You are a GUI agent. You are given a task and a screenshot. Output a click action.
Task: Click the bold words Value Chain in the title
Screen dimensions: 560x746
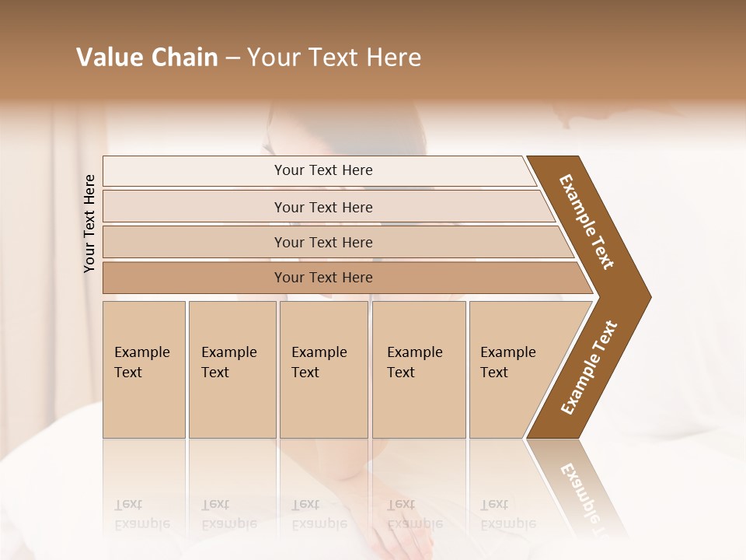[147, 58]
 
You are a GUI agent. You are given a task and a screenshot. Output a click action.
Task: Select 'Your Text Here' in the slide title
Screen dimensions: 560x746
[334, 58]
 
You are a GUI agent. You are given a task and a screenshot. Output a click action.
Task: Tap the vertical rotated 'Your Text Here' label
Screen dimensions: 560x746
[89, 223]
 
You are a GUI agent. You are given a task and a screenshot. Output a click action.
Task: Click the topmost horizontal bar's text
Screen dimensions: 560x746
[323, 170]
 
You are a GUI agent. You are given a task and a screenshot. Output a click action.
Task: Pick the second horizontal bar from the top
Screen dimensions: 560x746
[323, 207]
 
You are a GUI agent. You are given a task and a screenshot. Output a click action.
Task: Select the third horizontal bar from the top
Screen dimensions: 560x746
[323, 243]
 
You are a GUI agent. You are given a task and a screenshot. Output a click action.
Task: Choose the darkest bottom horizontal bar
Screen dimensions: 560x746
[323, 278]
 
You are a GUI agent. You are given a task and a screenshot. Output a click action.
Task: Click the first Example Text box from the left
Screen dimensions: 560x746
[143, 369]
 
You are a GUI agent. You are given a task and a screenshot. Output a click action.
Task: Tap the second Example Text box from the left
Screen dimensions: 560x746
[232, 369]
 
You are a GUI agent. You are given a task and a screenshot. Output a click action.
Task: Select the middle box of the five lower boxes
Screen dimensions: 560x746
[322, 369]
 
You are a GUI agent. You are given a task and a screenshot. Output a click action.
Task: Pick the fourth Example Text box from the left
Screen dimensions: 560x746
[418, 369]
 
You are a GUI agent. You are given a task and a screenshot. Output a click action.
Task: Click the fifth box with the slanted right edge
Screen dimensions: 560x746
[513, 369]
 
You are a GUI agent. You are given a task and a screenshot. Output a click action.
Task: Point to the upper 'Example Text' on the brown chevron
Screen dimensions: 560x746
[587, 222]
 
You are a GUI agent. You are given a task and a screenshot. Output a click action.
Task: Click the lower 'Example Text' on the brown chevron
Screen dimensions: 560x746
[589, 368]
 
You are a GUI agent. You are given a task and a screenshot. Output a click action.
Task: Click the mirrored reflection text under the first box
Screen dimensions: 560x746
[141, 514]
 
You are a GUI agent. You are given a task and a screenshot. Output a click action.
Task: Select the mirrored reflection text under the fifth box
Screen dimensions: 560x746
[507, 514]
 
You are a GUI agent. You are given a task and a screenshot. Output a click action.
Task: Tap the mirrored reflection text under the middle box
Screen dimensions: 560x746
[319, 514]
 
